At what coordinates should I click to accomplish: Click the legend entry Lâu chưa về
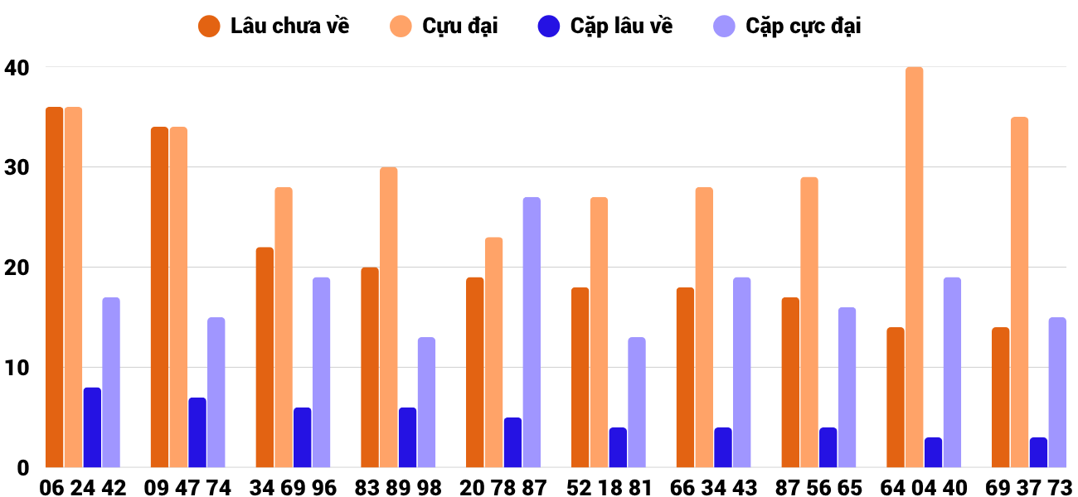coord(274,26)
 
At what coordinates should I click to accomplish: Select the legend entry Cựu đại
coord(444,26)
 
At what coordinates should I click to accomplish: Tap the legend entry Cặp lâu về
coord(605,26)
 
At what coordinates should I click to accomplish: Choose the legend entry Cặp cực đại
coord(787,26)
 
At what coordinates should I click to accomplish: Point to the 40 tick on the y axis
coord(17,68)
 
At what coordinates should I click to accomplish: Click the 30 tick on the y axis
coord(17,168)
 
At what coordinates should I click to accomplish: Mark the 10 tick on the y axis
coord(17,368)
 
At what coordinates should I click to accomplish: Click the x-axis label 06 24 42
coord(82,487)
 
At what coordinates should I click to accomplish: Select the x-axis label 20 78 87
coord(503,487)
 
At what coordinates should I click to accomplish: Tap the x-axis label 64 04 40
coord(924,487)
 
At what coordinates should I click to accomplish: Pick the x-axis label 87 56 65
coord(818,487)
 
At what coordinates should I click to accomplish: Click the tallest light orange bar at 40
coord(915,268)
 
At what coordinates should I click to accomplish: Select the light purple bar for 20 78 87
coord(532,332)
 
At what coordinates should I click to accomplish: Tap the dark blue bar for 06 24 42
coord(92,427)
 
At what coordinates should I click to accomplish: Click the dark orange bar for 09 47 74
coord(160,297)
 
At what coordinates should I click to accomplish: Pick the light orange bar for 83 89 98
coord(389,317)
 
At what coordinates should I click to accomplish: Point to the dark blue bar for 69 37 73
coord(1038,452)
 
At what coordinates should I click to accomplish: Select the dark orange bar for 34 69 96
coord(265,357)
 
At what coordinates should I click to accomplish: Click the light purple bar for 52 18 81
coord(637,403)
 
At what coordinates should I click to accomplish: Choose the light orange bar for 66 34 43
coord(704,327)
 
